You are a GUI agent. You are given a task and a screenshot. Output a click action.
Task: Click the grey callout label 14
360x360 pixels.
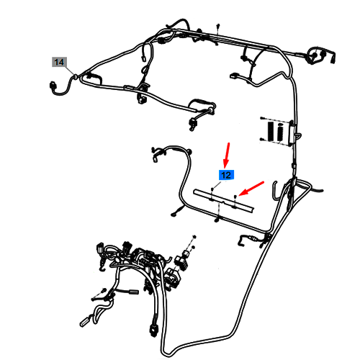coord(59,62)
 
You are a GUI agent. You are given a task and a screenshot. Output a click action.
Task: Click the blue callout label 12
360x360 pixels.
coord(226,175)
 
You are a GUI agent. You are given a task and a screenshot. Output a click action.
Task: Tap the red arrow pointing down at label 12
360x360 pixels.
coord(227,155)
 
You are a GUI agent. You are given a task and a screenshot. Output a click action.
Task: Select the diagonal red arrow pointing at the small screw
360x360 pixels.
coord(251,188)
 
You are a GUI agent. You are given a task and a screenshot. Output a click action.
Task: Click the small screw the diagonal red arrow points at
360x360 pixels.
coord(235,197)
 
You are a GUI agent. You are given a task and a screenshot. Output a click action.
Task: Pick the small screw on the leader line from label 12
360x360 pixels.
coord(212,189)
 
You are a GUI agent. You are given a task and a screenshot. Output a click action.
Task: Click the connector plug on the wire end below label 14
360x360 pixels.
coord(52,86)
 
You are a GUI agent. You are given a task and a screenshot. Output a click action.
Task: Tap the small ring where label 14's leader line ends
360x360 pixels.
coord(75,76)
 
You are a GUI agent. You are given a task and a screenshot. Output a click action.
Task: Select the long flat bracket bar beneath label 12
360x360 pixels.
coord(224,201)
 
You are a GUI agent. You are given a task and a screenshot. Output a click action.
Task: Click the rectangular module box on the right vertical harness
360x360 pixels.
coord(292,134)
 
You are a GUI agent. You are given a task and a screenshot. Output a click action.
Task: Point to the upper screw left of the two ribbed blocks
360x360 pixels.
coord(262,118)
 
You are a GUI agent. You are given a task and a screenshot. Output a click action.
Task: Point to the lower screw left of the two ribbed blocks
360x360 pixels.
coord(262,139)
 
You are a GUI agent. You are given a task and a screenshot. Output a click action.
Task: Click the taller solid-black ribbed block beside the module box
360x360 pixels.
coord(271,131)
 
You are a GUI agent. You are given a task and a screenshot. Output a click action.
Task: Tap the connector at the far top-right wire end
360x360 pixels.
coord(333,59)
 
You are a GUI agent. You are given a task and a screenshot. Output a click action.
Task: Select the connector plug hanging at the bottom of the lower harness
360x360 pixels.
coord(153,330)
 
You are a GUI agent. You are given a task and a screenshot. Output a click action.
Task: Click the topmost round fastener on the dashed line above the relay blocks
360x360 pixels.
coord(194,237)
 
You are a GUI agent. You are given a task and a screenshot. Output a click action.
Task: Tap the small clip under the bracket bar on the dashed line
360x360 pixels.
coord(217,220)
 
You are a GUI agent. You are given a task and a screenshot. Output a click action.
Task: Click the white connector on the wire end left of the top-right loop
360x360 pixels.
coord(233,76)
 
